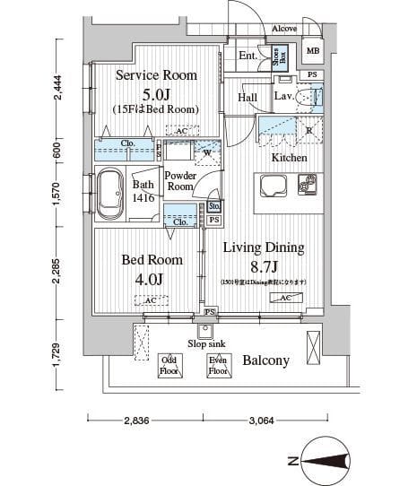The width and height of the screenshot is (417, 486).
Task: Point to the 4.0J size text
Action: tap(151, 278)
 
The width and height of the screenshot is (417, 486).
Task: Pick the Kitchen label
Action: tap(290, 158)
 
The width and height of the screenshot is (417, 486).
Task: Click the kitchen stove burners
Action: tap(308, 186)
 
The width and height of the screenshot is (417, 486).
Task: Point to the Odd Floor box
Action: tap(168, 365)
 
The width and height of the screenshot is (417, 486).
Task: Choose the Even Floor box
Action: tap(217, 365)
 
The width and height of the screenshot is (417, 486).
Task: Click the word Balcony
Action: tap(265, 360)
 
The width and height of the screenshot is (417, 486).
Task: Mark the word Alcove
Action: tap(284, 29)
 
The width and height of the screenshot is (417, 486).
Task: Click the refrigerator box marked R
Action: tap(308, 130)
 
